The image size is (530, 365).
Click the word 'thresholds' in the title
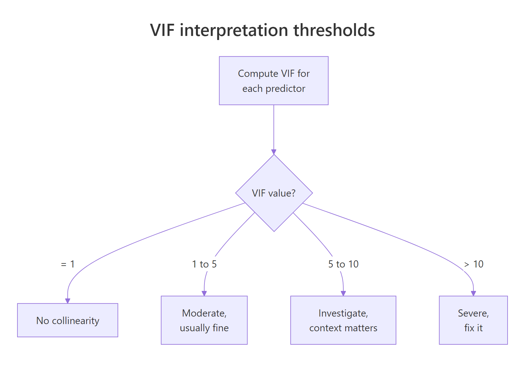334,30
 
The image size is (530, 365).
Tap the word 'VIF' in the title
162,30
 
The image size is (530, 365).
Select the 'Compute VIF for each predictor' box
274,81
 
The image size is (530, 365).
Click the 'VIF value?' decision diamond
274,193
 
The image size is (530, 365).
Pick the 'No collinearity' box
68,320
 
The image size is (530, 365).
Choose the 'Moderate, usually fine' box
204,320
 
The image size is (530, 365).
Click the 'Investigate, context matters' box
343,320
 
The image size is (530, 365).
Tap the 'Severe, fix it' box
473,320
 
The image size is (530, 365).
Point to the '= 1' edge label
68,264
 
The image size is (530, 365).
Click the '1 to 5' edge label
204,264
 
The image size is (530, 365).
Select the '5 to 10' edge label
343,264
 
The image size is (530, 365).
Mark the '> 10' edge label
474,264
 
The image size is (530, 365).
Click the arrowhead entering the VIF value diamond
274,152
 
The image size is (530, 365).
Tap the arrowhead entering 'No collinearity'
68,301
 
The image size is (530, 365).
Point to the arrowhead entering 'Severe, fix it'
474,293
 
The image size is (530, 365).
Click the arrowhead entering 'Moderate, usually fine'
204,293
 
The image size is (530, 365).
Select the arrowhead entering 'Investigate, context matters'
343,293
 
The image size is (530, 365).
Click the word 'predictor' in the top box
285,89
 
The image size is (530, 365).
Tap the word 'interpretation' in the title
234,30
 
